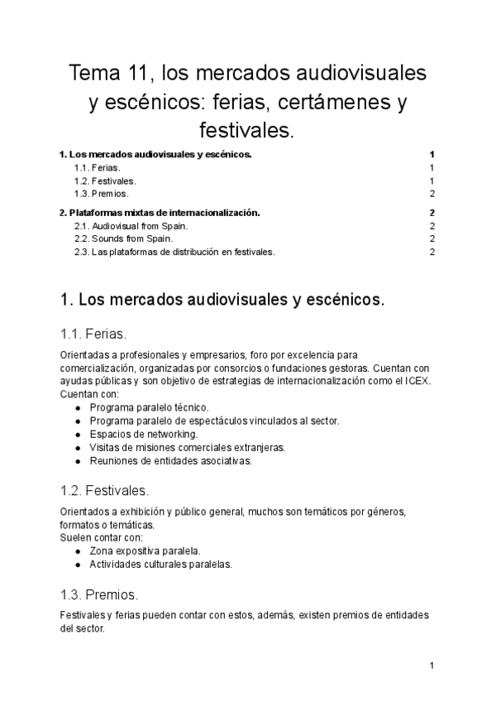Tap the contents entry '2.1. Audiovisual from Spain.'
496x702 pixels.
(x=131, y=226)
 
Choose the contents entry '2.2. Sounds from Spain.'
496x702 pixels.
(x=123, y=239)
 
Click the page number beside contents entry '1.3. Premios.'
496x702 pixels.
(x=432, y=194)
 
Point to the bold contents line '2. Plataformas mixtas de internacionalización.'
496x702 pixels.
(x=160, y=213)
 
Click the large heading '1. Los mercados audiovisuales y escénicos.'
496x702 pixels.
(x=222, y=299)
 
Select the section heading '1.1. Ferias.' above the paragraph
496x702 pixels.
(x=93, y=334)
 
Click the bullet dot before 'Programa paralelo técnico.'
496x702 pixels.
(x=78, y=407)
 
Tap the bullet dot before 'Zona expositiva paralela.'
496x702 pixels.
(x=78, y=551)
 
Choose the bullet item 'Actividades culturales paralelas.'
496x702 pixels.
(x=160, y=564)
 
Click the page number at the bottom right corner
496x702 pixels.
(x=432, y=666)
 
